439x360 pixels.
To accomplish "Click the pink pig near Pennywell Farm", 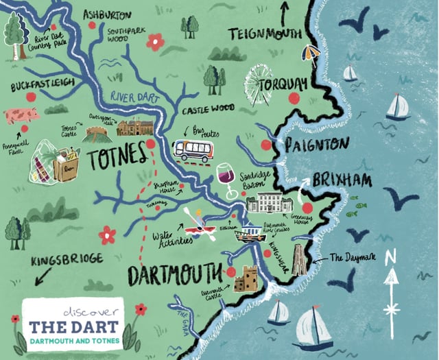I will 22,115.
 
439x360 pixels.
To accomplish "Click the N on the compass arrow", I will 391,259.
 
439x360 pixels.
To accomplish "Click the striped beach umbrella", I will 313,53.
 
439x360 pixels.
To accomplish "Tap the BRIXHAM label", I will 342,180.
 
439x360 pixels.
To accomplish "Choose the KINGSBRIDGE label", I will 67,259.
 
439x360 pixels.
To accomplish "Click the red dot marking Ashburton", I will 92,25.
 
